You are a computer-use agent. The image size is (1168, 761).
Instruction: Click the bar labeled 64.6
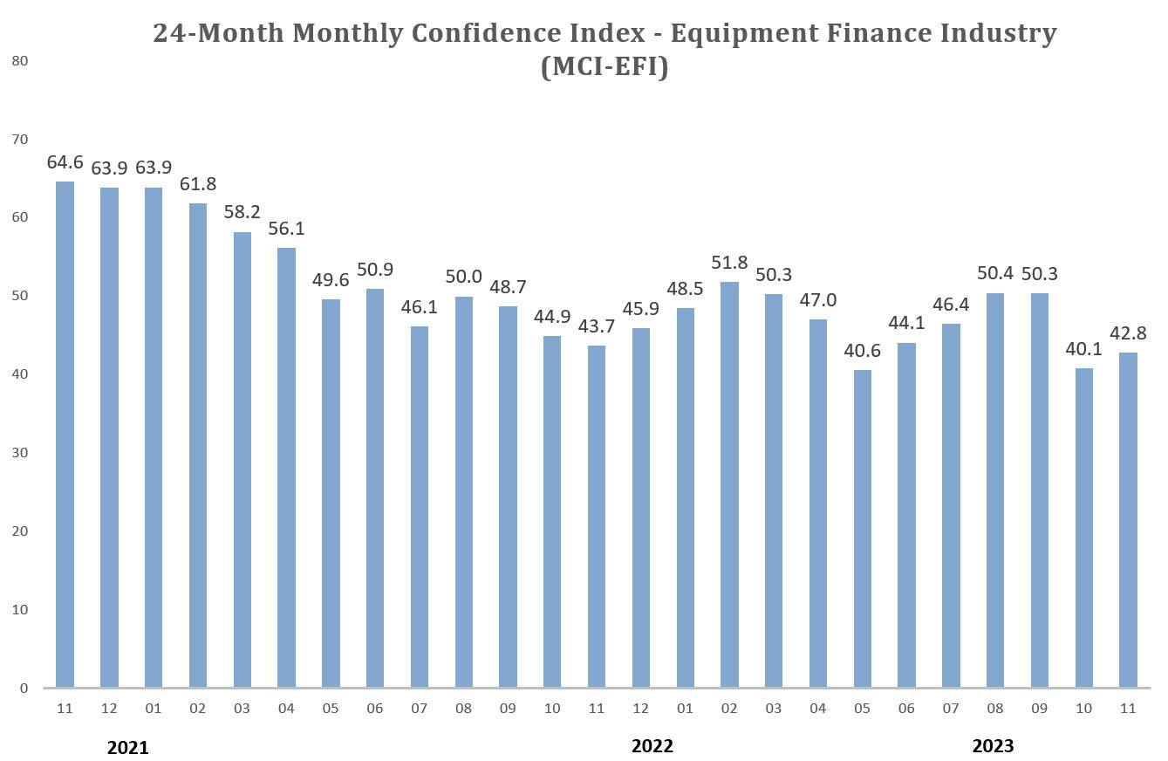[65, 434]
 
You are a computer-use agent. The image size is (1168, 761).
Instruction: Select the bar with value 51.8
[729, 484]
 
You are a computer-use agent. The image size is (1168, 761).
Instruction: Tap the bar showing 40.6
[862, 528]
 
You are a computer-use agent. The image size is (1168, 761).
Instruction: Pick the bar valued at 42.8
[1128, 519]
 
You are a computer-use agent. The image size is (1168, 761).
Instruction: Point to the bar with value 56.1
[286, 467]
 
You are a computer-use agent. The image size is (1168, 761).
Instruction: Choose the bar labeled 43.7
[597, 516]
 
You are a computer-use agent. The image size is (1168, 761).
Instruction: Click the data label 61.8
[198, 184]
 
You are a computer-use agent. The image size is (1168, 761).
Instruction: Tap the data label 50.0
[464, 277]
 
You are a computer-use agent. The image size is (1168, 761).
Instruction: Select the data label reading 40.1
[1084, 348]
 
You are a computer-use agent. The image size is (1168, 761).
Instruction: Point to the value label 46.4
[951, 305]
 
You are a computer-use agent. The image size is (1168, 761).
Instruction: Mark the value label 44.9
[552, 317]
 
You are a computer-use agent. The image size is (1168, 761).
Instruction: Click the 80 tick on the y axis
[20, 60]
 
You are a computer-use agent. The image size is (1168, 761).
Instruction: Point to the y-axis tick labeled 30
[20, 452]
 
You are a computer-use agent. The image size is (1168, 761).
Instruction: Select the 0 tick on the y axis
[24, 688]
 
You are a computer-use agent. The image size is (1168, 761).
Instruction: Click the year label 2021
[128, 748]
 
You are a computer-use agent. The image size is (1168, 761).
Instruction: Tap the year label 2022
[652, 746]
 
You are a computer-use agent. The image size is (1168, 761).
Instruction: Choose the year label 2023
[994, 746]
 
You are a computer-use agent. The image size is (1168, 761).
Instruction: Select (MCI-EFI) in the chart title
[604, 66]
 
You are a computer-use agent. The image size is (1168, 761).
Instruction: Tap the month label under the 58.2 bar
[242, 709]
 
